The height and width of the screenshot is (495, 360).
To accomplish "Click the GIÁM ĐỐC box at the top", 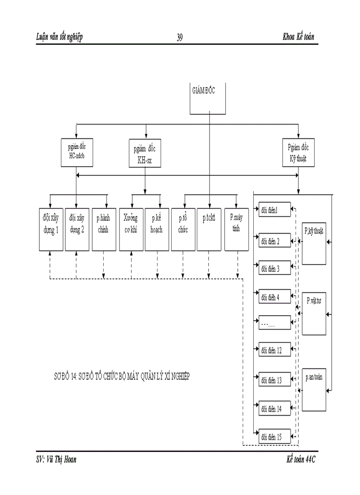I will click(x=209, y=98).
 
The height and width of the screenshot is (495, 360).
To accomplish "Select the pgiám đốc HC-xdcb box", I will click(x=77, y=152).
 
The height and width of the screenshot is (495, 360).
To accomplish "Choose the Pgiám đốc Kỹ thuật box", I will click(x=299, y=152).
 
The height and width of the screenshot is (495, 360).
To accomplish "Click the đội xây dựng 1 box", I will click(x=51, y=229).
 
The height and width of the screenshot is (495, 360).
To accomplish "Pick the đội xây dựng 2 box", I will click(x=77, y=229).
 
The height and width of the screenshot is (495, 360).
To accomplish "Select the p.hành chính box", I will click(x=104, y=229).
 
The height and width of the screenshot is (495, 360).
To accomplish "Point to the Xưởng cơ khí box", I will click(x=131, y=229).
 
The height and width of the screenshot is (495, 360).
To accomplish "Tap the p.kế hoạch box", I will click(x=157, y=229).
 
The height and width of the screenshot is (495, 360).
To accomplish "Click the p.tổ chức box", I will click(x=183, y=229).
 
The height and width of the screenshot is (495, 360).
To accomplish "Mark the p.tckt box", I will click(x=209, y=229).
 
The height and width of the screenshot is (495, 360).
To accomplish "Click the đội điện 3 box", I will click(x=274, y=268).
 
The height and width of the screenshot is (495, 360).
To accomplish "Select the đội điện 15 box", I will click(x=274, y=436).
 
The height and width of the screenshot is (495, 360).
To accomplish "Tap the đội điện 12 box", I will click(x=274, y=350).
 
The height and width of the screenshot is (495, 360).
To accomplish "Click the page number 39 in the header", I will click(x=180, y=37).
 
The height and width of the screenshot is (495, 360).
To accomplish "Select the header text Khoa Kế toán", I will click(x=298, y=37).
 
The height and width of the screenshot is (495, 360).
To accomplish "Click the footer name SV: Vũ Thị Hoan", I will click(x=56, y=459).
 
